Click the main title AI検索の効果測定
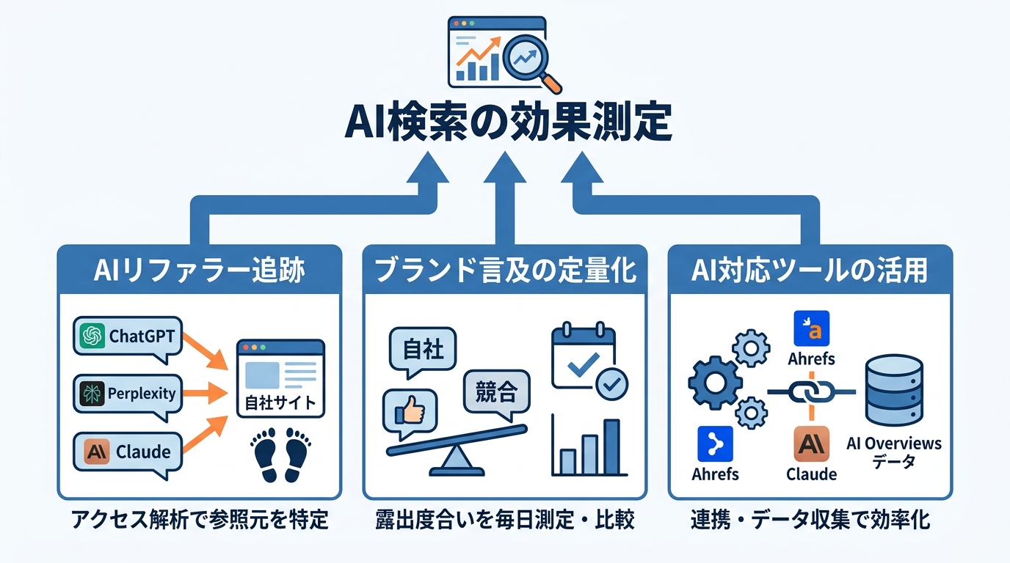click(507, 124)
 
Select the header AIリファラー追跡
click(199, 271)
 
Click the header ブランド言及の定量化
click(505, 271)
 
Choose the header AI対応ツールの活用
click(810, 271)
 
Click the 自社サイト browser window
click(280, 379)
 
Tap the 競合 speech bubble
click(496, 393)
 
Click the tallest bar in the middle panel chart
click(611, 446)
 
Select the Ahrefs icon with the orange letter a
click(811, 329)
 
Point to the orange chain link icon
click(812, 391)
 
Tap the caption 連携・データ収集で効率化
click(810, 520)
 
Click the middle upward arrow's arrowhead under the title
click(504, 169)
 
